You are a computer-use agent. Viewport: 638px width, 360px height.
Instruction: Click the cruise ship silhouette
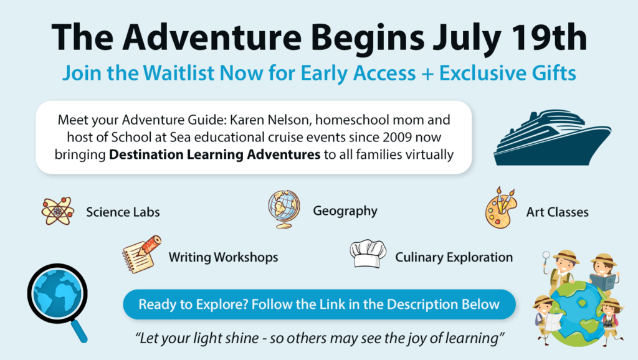pyautogui.click(x=552, y=138)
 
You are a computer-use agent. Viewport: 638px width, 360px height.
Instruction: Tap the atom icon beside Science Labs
pyautogui.click(x=58, y=211)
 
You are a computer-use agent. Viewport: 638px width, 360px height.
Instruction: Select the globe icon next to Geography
pyautogui.click(x=284, y=209)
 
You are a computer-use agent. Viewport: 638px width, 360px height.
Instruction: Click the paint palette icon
pyautogui.click(x=501, y=207)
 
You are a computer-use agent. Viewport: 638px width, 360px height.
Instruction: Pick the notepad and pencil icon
pyautogui.click(x=141, y=254)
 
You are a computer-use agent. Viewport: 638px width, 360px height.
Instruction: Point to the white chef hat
pyautogui.click(x=368, y=254)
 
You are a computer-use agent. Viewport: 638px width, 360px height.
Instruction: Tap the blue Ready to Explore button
pyautogui.click(x=320, y=305)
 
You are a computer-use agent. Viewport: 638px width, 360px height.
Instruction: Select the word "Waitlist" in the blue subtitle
pyautogui.click(x=178, y=73)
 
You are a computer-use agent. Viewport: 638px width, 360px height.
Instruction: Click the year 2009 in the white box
pyautogui.click(x=397, y=137)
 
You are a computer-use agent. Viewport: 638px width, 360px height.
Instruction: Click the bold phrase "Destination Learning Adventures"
pyautogui.click(x=214, y=154)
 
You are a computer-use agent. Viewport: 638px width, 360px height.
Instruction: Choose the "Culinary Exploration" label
pyautogui.click(x=454, y=257)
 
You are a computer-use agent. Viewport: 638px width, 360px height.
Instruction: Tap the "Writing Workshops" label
pyautogui.click(x=224, y=257)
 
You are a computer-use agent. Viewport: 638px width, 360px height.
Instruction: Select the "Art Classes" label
pyautogui.click(x=558, y=212)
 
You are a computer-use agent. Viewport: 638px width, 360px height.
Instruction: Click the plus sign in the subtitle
pyautogui.click(x=427, y=74)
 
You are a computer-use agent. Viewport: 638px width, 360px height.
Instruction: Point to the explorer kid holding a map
pyautogui.click(x=546, y=317)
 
